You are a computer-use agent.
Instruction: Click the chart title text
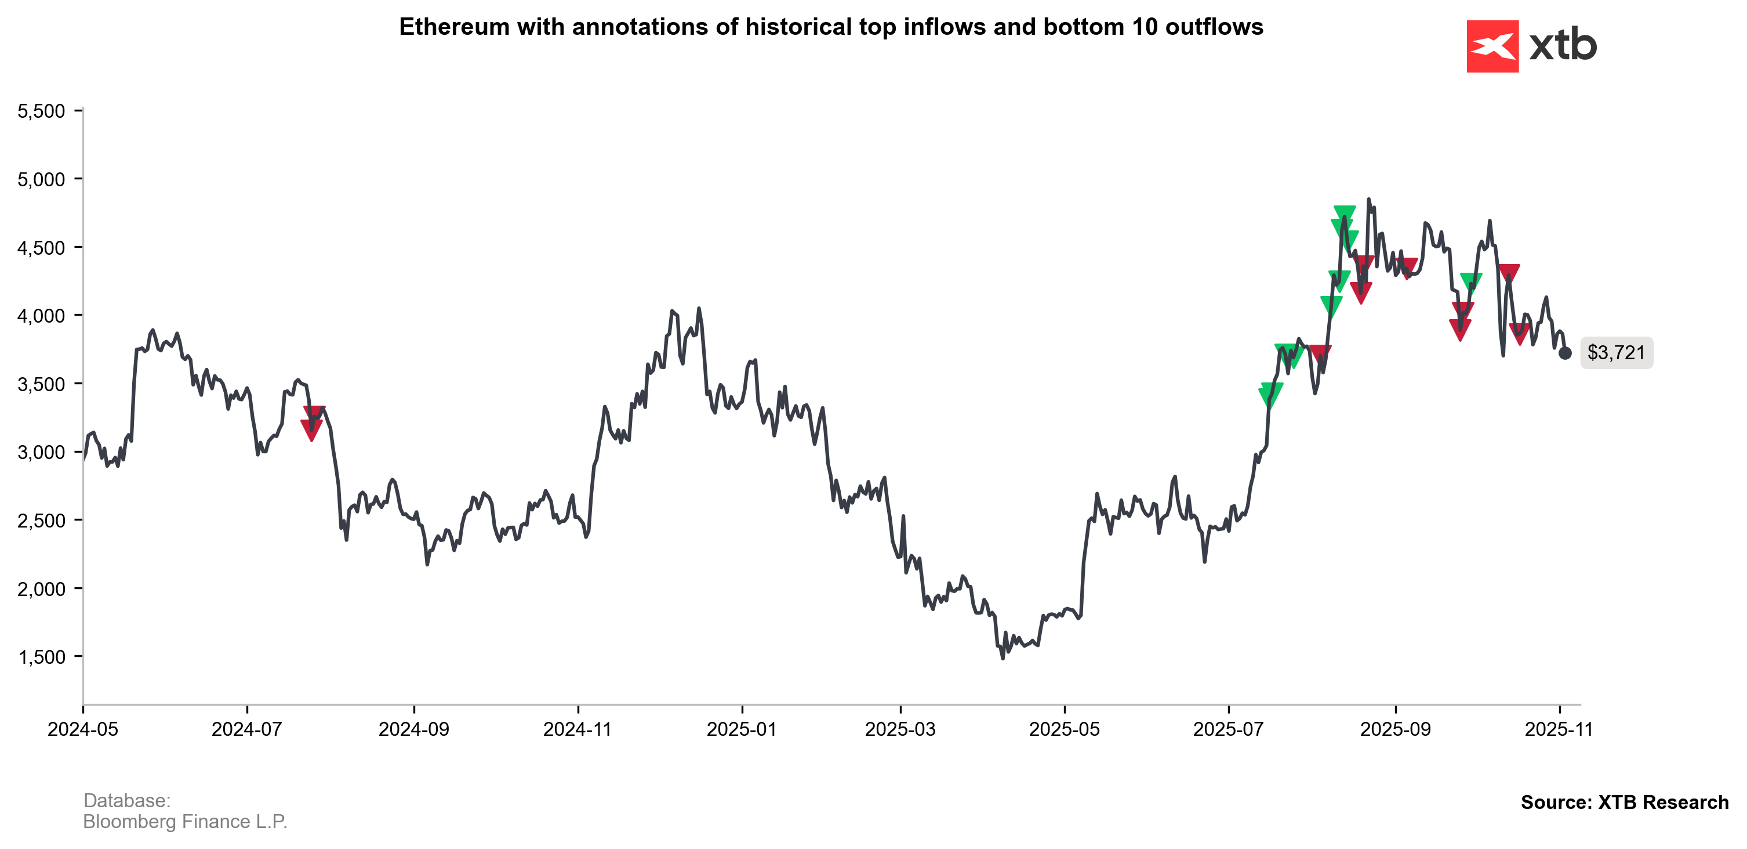(831, 27)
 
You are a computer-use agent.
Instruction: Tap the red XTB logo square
(1492, 46)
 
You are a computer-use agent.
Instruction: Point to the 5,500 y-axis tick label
(41, 111)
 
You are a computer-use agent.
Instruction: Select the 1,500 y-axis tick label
(41, 657)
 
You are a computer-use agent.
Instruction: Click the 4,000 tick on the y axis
(41, 316)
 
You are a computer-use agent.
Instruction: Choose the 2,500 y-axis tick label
(41, 521)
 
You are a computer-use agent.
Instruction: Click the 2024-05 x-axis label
(83, 729)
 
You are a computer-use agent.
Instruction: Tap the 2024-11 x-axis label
(578, 729)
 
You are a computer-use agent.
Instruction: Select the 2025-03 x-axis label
(900, 729)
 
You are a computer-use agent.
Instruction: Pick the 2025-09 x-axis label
(1395, 729)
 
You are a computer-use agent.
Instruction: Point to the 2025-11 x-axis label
(1559, 729)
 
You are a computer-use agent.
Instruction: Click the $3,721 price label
(1616, 353)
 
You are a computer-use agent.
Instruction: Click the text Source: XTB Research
(1624, 802)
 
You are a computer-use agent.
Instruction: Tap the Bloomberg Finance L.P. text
(185, 822)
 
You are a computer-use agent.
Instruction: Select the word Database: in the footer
(127, 801)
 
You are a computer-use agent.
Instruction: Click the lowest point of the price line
(1003, 658)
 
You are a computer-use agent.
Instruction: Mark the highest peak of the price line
(1368, 200)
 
